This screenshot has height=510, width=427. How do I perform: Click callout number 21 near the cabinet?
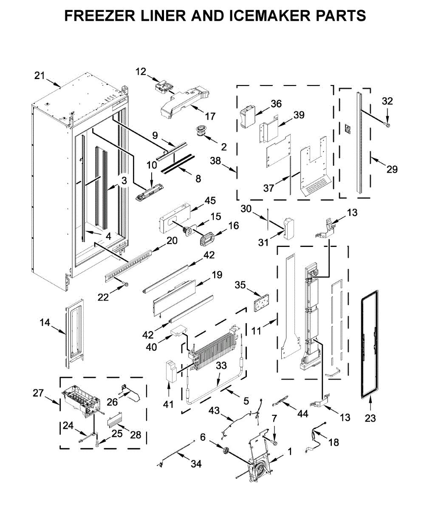point(40,76)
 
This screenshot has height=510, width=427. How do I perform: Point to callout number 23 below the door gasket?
point(370,418)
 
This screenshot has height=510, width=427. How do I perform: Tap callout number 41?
point(169,404)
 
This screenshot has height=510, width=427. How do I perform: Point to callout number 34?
point(196,465)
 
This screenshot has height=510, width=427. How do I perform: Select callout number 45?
point(198,200)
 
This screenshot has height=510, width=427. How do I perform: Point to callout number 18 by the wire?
point(334,442)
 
